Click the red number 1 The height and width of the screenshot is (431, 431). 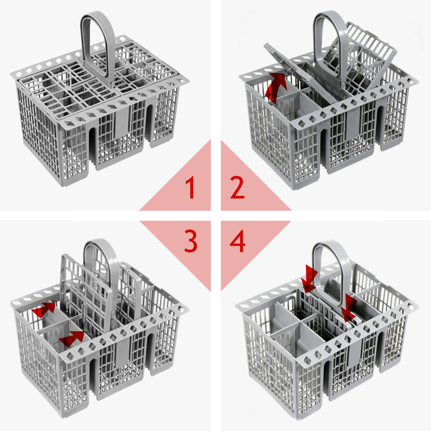190,187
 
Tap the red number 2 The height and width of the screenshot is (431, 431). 238,187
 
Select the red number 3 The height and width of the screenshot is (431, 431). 190,242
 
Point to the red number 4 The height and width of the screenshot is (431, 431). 238,242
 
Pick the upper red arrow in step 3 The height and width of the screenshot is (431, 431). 44,309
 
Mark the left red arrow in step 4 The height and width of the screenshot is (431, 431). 309,279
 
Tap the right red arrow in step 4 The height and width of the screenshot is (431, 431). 348,308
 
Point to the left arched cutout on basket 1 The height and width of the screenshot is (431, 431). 93,148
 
